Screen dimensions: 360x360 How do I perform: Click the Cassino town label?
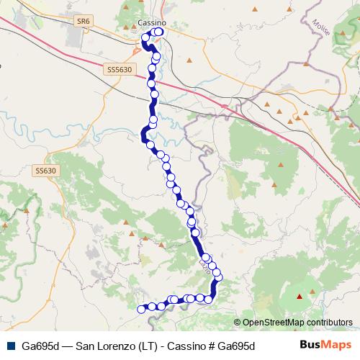click(150, 22)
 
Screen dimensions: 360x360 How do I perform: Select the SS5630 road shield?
click(120, 69)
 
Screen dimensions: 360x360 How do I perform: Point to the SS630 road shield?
click(45, 171)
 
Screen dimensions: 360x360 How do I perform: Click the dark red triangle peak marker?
click(301, 297)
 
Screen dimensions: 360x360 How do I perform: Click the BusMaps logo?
click(327, 344)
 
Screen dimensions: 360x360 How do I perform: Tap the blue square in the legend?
click(9, 345)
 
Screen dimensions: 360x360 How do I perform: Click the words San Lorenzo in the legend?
click(104, 345)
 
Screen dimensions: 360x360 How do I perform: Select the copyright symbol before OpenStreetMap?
click(238, 323)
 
